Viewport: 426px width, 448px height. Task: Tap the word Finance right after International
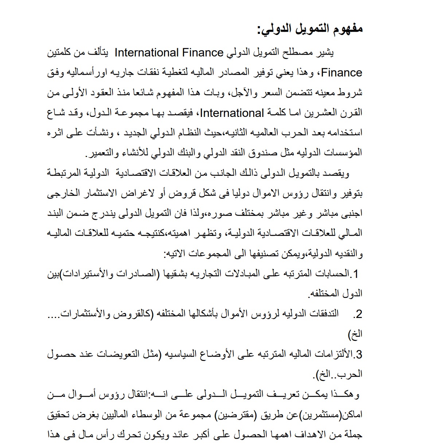(x=198, y=53)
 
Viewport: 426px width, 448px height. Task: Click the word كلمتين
(x=62, y=53)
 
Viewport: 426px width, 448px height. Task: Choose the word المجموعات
(x=197, y=254)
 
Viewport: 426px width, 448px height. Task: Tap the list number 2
(x=359, y=314)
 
